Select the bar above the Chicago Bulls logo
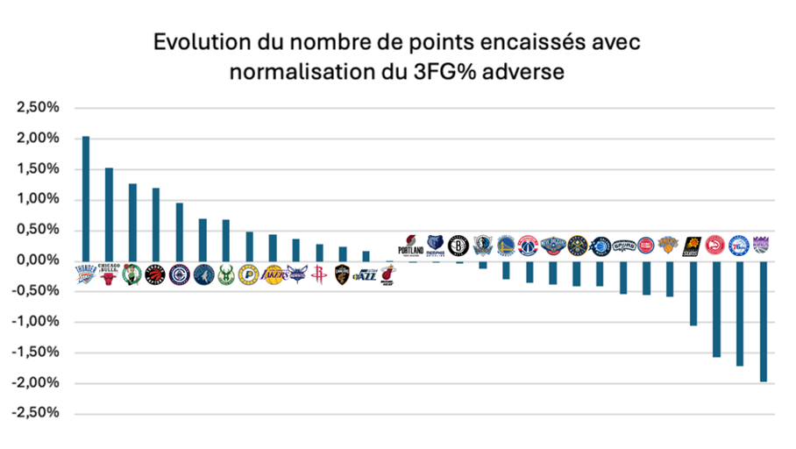coord(109,214)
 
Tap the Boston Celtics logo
coord(132,275)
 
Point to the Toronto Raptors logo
coord(155,275)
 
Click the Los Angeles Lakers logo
coord(273,275)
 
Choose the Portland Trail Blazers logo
coord(410,246)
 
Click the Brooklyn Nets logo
coord(458,246)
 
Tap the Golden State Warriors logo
coord(506,246)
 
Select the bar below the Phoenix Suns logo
coord(693,293)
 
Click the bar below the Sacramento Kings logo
coord(763,321)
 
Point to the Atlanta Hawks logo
coord(715,246)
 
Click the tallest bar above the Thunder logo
coord(86,198)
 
